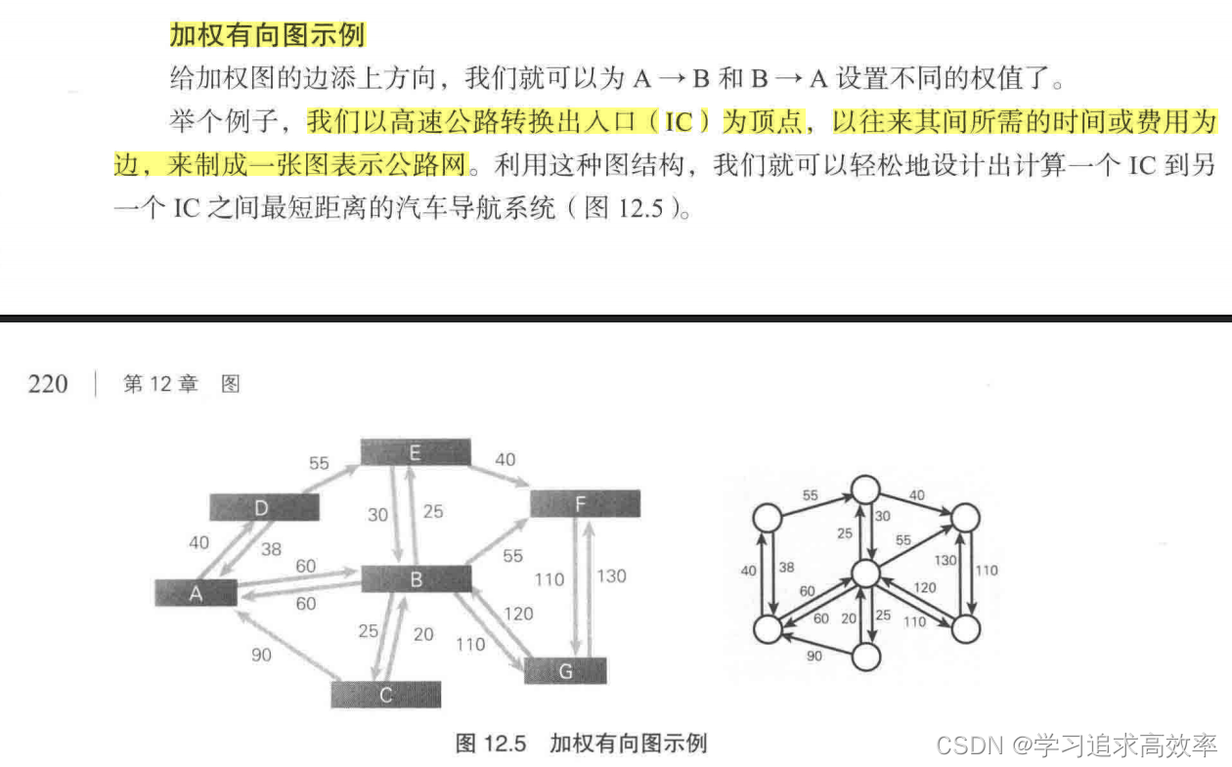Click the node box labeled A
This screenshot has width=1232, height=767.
(x=196, y=592)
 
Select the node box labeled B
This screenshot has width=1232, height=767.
(x=417, y=578)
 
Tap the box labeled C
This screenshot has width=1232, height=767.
(x=386, y=695)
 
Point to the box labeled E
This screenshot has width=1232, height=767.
(x=416, y=452)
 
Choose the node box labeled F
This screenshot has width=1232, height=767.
(x=585, y=503)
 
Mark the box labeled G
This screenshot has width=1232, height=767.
(x=565, y=671)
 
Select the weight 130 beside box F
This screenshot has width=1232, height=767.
(x=611, y=575)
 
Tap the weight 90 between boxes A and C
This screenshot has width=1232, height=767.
(x=261, y=655)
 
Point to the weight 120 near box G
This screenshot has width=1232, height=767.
(x=518, y=613)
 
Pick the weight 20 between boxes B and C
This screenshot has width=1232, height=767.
(x=422, y=634)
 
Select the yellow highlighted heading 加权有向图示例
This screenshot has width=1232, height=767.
(x=267, y=35)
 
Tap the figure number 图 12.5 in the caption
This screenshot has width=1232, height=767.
(x=491, y=743)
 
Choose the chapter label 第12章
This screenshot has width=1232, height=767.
(x=160, y=384)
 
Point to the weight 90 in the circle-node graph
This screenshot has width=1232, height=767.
(x=814, y=656)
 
